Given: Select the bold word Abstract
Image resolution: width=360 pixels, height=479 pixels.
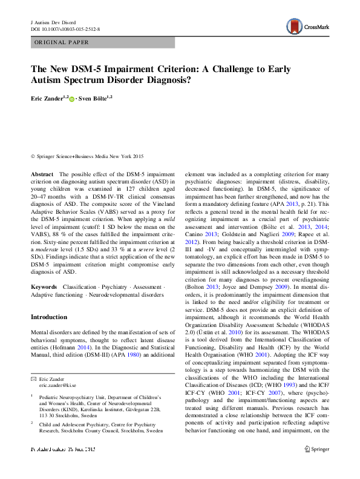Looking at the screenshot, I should pyautogui.click(x=42, y=174).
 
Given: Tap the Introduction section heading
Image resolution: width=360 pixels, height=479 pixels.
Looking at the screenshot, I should pyautogui.click(x=49, y=317).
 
